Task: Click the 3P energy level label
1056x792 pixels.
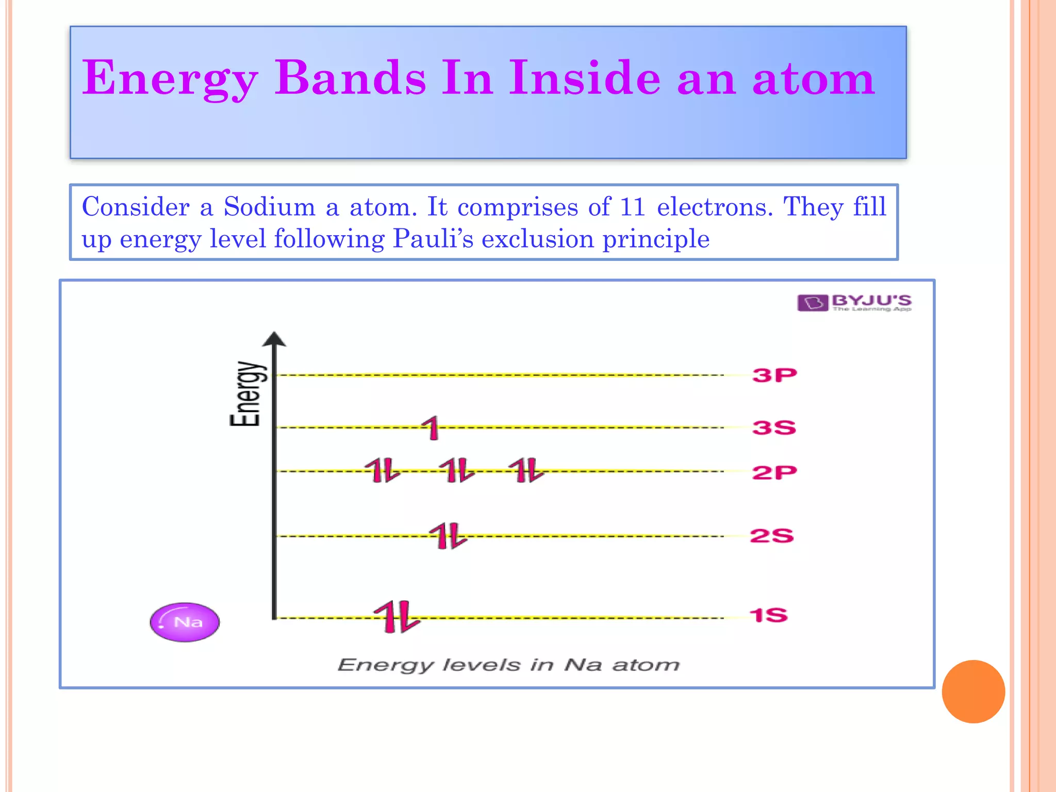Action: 774,375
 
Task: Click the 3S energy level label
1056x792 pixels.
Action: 774,427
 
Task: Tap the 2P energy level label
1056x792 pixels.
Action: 774,472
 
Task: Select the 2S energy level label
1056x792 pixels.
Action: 771,536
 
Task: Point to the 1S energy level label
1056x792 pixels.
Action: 768,615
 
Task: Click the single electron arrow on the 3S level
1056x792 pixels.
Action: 432,428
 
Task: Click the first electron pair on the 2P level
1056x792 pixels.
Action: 383,470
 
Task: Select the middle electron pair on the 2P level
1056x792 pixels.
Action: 457,470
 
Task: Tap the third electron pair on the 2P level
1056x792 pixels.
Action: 526,470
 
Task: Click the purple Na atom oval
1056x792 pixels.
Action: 185,622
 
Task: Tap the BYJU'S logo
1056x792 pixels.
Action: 854,303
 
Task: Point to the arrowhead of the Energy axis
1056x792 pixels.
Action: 274,339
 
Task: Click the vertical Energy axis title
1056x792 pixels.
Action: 246,394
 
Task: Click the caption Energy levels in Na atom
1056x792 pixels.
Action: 508,665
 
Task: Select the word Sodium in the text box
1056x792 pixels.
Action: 269,207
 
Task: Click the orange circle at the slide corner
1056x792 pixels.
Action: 973,691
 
